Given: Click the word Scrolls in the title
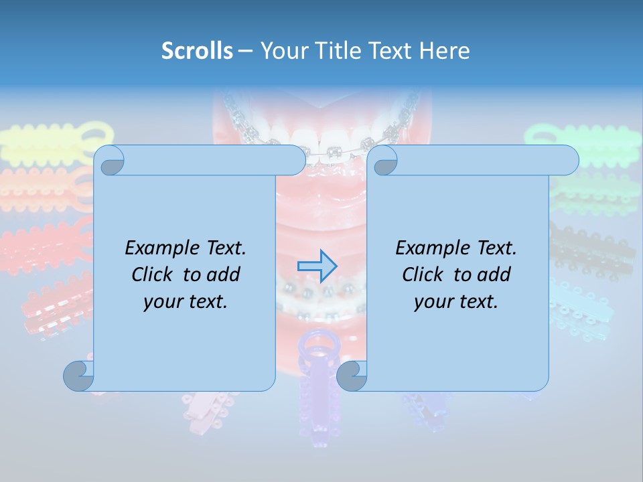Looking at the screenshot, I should [x=197, y=51].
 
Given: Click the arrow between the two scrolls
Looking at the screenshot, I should [x=317, y=266].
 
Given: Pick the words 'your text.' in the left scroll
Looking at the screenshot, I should [x=186, y=301].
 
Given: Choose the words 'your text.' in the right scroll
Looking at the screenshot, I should [x=456, y=301].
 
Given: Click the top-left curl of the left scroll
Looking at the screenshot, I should [x=109, y=161].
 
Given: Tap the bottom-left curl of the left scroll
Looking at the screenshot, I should [x=78, y=376].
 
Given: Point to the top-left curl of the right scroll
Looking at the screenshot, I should [x=382, y=161].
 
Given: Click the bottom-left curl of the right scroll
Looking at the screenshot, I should [x=352, y=376].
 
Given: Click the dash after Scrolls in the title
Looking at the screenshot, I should [x=245, y=51].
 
